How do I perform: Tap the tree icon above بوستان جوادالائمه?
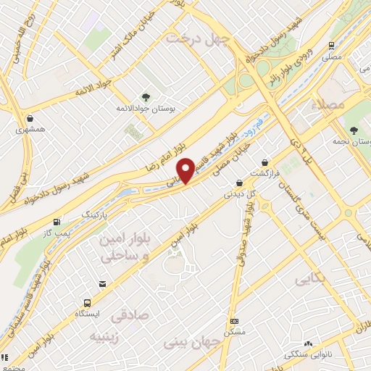pos(146,96)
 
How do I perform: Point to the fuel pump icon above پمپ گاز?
pos(57,222)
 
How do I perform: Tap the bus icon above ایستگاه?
pos(88,303)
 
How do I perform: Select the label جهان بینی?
pos(192,341)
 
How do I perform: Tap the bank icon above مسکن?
pos(233,320)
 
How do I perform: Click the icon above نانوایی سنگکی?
pos(309,343)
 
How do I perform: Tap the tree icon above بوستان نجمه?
pos(353,130)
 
